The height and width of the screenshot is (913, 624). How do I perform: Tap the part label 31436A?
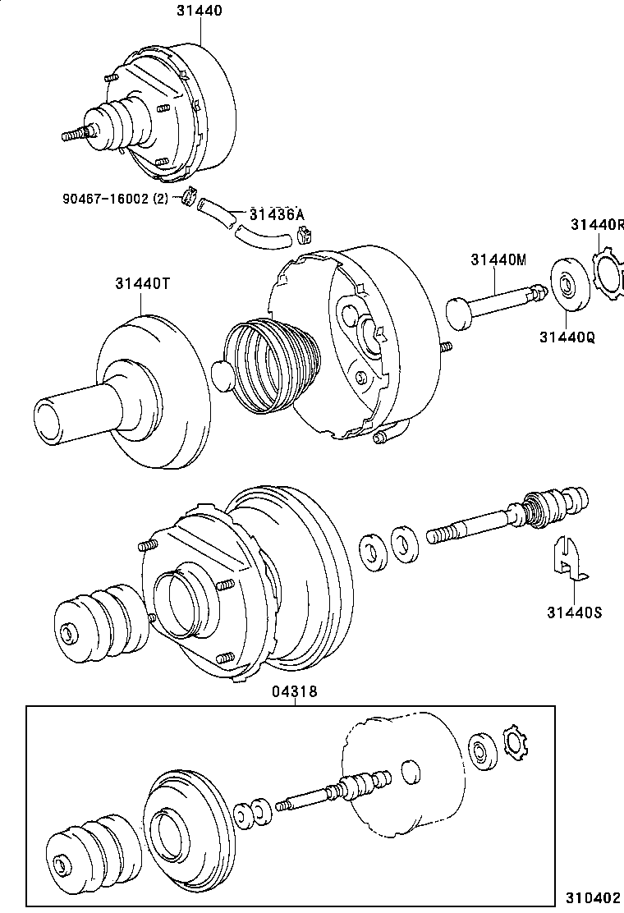(x=273, y=214)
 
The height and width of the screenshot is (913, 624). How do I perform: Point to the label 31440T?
(x=142, y=283)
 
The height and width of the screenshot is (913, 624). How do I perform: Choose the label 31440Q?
(x=567, y=336)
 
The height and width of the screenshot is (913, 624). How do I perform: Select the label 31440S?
(x=574, y=612)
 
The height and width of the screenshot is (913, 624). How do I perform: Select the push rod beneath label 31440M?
(x=493, y=303)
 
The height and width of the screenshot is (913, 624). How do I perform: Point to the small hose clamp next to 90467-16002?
(x=188, y=198)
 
